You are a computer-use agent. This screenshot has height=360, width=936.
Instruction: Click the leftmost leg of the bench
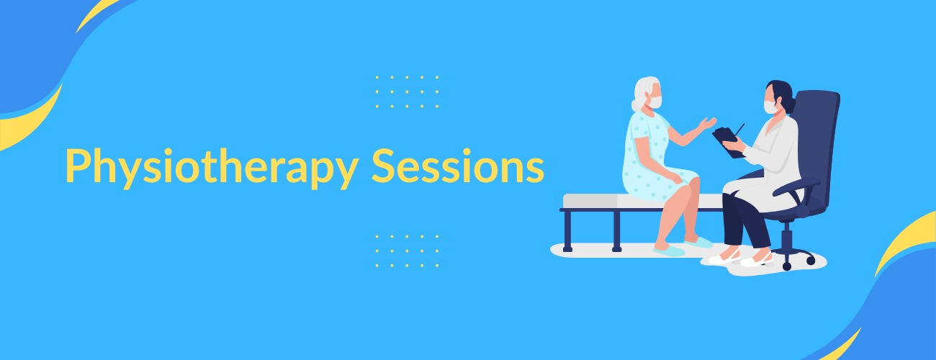(x=567, y=230)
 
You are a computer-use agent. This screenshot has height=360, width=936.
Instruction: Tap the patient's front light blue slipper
(x=669, y=250)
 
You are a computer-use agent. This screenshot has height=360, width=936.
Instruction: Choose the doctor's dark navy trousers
(x=742, y=220)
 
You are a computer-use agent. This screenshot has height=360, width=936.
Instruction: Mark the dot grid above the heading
(x=407, y=92)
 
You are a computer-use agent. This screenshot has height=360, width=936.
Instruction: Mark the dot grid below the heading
(x=407, y=251)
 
